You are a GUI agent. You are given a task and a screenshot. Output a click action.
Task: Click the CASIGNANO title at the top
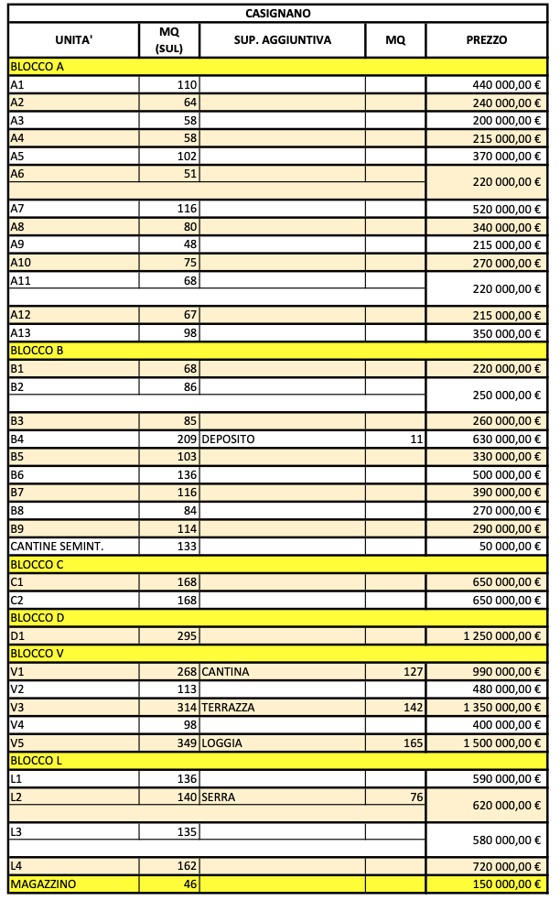coord(278,13)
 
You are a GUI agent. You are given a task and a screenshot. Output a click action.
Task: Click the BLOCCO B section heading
coord(36,351)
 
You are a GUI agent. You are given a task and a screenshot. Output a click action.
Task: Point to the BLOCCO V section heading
coord(36,654)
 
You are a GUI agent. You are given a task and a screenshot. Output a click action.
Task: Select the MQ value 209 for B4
coord(187,439)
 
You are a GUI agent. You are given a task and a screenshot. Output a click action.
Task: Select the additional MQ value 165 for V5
coord(413,743)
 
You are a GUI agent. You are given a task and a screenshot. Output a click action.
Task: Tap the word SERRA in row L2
coord(219,797)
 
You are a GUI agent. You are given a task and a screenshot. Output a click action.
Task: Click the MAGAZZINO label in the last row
coord(43,884)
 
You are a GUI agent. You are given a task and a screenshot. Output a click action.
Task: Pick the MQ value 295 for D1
coord(187,635)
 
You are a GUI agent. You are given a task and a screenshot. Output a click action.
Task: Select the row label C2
coord(16,601)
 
